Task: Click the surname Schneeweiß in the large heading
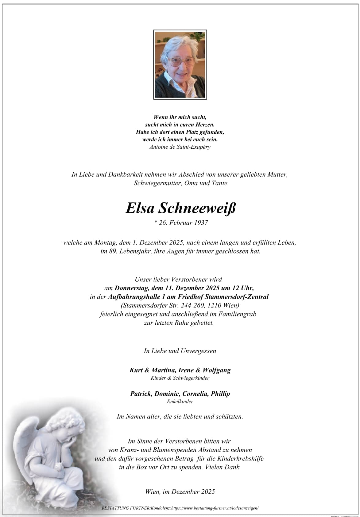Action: tap(197, 208)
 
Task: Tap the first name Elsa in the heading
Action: tap(140, 208)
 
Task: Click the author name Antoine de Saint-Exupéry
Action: tap(180, 147)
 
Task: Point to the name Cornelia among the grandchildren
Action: tap(195, 394)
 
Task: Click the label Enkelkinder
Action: tap(180, 401)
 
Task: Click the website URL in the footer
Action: tap(215, 508)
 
